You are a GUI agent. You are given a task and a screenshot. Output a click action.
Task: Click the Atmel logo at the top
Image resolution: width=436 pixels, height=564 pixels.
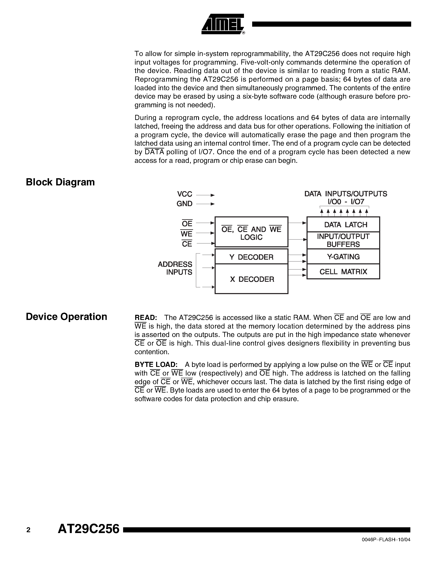point(223,24)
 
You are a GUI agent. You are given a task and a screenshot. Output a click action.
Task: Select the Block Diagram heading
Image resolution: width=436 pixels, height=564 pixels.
point(60,182)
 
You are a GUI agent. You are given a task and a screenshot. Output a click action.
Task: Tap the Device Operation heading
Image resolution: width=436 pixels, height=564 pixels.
point(66,317)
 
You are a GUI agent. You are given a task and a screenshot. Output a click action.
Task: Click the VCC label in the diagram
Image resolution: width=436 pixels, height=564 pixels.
point(184,194)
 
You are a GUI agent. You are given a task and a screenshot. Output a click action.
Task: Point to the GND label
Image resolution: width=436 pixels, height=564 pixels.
point(184,204)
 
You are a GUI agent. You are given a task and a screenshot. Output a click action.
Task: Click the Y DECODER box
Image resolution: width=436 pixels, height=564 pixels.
point(251,257)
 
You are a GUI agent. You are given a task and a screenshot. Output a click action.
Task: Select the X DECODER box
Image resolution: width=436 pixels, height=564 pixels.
point(251,279)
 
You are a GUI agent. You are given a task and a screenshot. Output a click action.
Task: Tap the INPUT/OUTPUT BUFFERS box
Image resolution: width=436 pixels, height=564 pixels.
point(343,240)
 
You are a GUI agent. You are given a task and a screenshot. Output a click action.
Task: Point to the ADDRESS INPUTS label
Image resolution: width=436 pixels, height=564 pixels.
point(175,268)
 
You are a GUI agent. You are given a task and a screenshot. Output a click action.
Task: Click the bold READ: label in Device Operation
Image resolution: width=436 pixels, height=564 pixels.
point(146,318)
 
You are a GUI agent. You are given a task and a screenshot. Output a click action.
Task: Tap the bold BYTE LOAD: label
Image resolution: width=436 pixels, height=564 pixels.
point(156,365)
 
